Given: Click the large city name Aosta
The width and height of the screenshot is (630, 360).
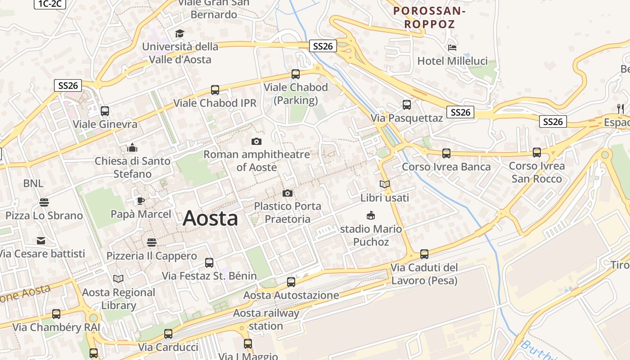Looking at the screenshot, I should (210, 218).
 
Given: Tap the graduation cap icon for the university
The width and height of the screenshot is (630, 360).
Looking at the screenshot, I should (180, 33).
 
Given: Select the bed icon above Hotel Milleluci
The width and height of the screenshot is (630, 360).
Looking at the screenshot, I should (452, 48).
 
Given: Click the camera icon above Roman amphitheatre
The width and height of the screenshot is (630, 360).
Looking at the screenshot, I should (256, 142).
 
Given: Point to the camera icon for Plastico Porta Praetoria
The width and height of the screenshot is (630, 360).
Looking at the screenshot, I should (288, 193).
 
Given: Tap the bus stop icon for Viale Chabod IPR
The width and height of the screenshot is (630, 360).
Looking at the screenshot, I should (215, 90).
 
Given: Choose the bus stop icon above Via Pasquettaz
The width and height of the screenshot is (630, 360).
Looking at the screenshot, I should (407, 105).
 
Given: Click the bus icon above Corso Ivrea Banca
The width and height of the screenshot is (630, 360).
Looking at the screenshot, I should (446, 153).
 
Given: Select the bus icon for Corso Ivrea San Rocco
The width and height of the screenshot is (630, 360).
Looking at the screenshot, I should (536, 153).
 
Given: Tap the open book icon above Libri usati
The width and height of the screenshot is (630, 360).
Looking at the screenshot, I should (385, 184).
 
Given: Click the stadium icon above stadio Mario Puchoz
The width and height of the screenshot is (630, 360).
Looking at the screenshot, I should (371, 216).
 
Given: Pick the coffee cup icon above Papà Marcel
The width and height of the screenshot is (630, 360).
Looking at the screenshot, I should (141, 201).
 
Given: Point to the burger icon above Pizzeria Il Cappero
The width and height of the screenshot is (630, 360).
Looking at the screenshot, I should (152, 243).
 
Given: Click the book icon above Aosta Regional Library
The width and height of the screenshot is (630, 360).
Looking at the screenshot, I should (118, 279).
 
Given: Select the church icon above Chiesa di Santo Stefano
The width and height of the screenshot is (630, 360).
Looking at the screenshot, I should (132, 148).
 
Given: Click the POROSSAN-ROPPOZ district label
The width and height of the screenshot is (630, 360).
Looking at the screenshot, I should (429, 17).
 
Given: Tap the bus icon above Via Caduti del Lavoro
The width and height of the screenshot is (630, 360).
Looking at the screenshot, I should (424, 254).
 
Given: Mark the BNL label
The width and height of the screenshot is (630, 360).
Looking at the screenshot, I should (33, 183).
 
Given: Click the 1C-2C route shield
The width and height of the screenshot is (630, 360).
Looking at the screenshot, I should (49, 4).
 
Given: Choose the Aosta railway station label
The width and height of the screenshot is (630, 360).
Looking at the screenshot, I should (265, 319).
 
